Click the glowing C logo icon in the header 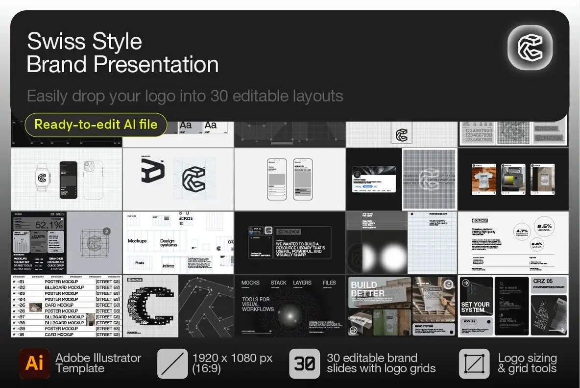[530, 47]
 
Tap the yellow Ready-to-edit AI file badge [96, 124]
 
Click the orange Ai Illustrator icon [34, 363]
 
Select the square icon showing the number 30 [304, 363]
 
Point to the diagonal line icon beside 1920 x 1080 [172, 363]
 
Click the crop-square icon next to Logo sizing [474, 363]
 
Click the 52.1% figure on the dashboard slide [48, 225]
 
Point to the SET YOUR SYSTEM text [475, 307]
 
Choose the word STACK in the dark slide [279, 283]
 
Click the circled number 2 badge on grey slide [107, 231]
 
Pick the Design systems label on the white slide [168, 243]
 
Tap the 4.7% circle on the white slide [522, 231]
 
